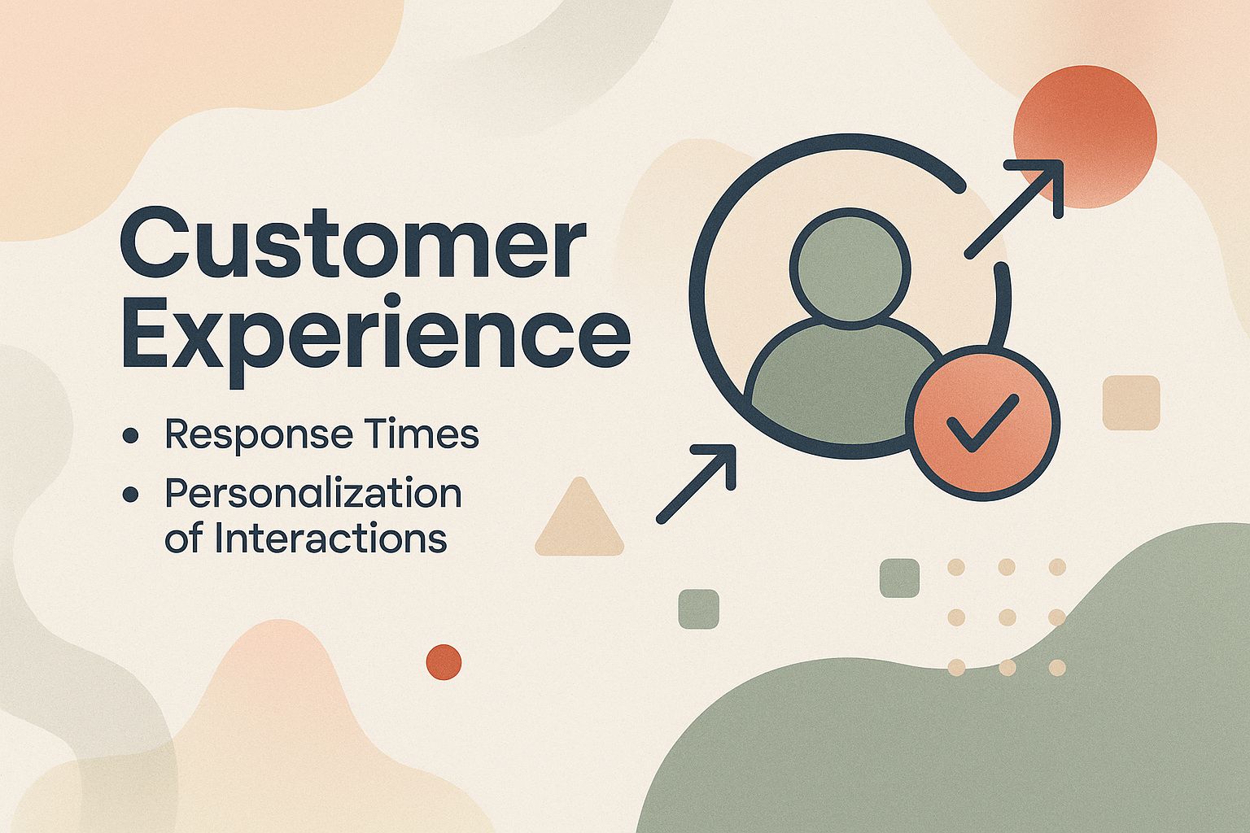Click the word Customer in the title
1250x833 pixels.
click(352, 242)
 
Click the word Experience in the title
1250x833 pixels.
click(375, 337)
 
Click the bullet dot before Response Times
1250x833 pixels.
click(129, 437)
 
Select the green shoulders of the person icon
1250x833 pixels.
click(838, 374)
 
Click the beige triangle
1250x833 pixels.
click(579, 521)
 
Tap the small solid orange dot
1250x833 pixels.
click(444, 661)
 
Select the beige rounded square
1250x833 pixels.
click(1131, 402)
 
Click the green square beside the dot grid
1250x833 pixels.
click(899, 578)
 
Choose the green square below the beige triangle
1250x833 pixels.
click(699, 608)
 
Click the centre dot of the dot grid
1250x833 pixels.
click(1007, 617)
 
